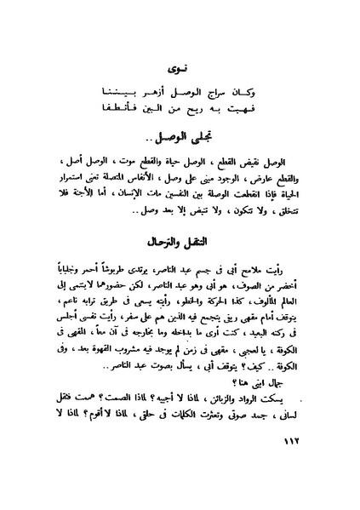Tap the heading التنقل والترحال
coord(180,243)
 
